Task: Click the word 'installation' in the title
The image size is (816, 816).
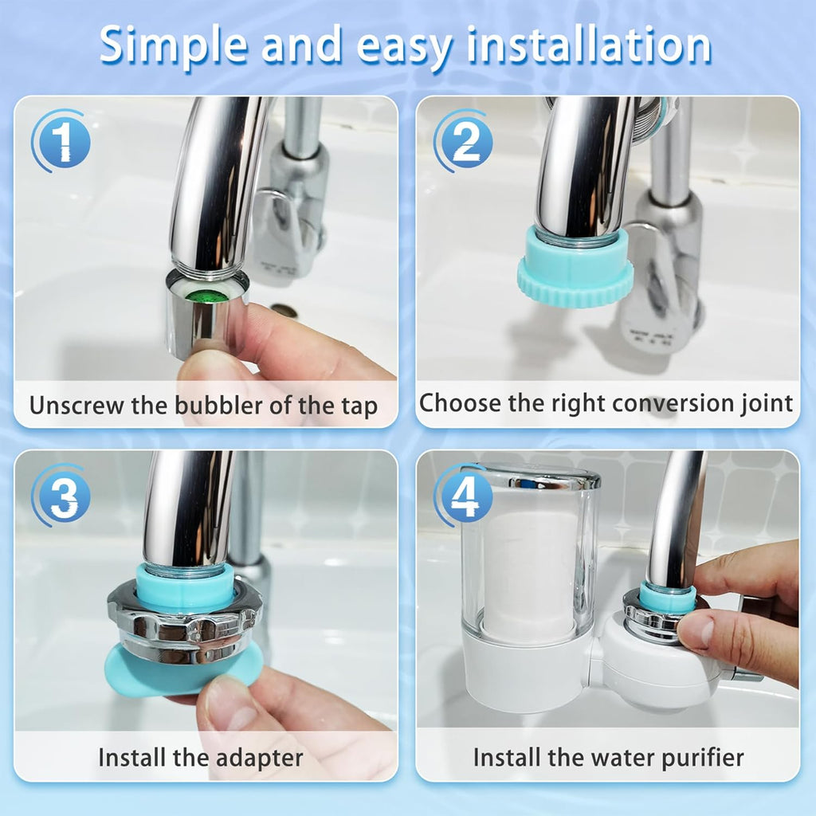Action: point(589,45)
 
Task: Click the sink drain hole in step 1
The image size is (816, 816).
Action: point(284,311)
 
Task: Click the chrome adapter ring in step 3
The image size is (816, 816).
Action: point(185,622)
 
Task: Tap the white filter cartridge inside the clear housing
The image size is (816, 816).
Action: point(530,572)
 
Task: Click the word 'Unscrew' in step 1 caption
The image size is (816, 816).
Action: point(77,405)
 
